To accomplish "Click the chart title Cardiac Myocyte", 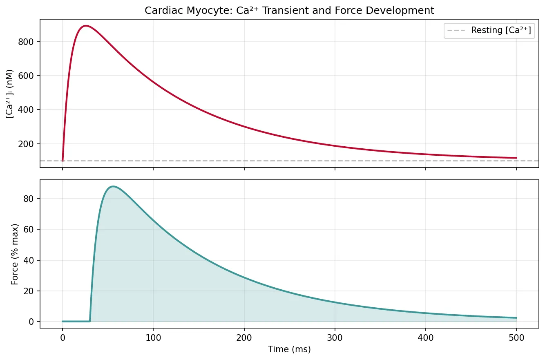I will (289, 11).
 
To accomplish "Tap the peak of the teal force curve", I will (113, 186).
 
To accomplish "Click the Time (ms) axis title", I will (289, 349).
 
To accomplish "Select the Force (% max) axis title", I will (15, 254).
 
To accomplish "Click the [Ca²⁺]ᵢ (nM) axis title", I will (10, 94).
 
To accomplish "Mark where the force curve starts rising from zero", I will (90, 321).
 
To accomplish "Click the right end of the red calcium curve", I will (516, 158).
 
